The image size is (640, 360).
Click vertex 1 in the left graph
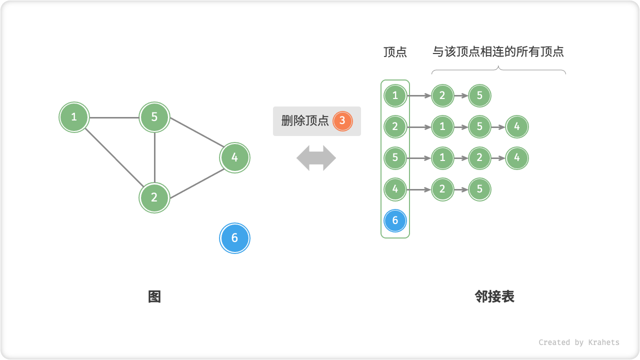coord(74,117)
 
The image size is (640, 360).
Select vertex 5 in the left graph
coord(154,117)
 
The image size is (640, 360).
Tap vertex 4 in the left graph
coord(234,158)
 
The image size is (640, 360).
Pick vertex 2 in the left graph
coord(154,197)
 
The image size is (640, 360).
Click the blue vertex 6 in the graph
coord(234,238)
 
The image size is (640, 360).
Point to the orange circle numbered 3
coord(342,120)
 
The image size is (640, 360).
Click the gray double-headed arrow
coord(316,158)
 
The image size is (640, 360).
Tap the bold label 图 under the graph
coord(154,297)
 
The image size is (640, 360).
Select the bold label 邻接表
coord(494,297)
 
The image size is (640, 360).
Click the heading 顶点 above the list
coord(395,52)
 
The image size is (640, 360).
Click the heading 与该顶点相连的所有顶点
coord(498,52)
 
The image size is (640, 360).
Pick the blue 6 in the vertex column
coord(395,220)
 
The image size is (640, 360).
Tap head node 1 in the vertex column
coord(395,95)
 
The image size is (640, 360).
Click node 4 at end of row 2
coord(517,126)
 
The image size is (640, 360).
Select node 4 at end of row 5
coord(517,158)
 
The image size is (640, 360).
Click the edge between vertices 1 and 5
coord(114,118)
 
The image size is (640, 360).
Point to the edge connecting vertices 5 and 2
coord(154,157)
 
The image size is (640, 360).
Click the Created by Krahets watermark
coord(579,342)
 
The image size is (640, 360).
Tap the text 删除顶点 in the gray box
coord(305,120)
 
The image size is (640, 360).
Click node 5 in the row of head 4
coord(479,189)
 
